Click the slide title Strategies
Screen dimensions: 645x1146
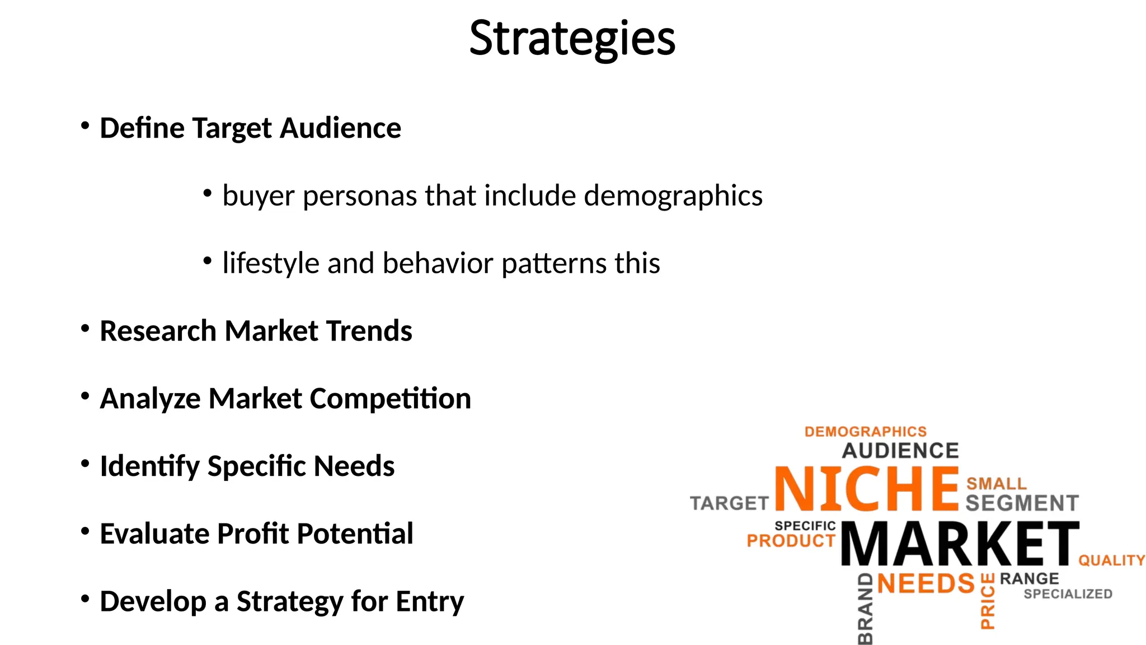[572, 38]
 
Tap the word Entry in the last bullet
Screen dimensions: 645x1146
[430, 601]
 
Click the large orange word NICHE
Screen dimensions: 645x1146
[867, 489]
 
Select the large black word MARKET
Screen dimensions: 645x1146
[960, 544]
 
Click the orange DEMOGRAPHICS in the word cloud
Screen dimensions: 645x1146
[865, 432]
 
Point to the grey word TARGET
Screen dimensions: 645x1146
[729, 503]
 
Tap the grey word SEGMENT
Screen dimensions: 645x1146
[1022, 503]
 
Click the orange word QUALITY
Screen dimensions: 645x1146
[1111, 560]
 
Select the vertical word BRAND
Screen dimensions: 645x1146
[865, 609]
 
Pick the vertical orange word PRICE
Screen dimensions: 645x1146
[988, 601]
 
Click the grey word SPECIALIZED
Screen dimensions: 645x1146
[1068, 594]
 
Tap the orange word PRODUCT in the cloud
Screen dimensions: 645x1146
[791, 541]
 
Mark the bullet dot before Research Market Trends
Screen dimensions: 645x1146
[85, 329]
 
